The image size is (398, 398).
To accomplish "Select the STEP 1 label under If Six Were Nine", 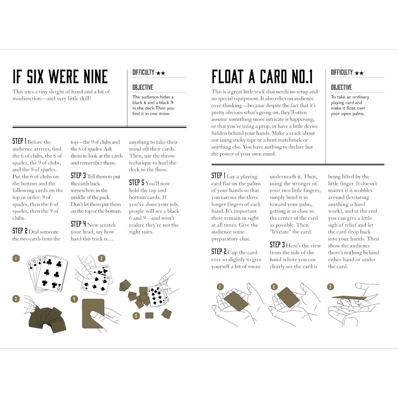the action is tap(19, 141).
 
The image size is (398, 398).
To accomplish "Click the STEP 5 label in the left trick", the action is tap(137, 183).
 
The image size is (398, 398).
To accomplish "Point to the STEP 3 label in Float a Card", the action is tap(277, 245).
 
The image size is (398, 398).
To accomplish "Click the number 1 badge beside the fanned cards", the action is tap(16, 258).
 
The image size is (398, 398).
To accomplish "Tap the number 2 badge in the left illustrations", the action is tap(101, 258).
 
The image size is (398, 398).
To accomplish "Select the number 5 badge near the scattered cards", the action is tap(136, 316).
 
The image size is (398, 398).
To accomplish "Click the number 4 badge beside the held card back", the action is tap(74, 299).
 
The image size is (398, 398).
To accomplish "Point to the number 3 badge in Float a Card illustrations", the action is tap(330, 287).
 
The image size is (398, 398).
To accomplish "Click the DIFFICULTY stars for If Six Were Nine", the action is tap(161, 73).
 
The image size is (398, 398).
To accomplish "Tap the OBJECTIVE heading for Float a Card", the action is tap(341, 88).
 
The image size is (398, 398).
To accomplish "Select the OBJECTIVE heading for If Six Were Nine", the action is tap(142, 88).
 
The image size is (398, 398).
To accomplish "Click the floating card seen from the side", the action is tap(349, 297).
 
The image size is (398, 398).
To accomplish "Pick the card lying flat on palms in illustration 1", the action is tap(236, 301).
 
